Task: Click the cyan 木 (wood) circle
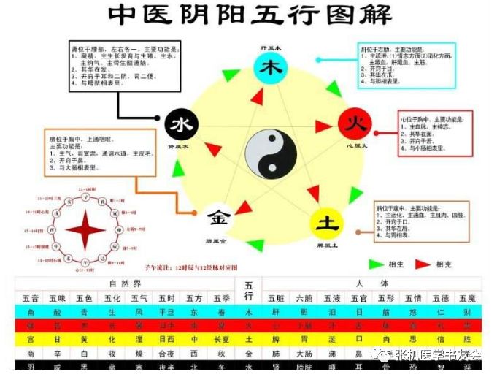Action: pos(269,68)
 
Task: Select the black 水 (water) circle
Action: pos(180,126)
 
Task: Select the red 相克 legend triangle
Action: pos(423,264)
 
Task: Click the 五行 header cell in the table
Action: pos(249,290)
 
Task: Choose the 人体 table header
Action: pos(372,283)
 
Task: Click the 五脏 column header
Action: pos(277,298)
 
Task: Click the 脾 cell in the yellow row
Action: pos(277,339)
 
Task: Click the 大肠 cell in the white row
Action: pos(305,353)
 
